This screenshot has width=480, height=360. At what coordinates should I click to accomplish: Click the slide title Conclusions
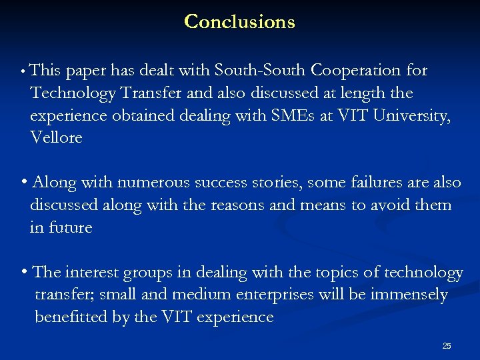tap(239, 21)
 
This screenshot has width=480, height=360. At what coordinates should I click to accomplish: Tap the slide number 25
tap(447, 345)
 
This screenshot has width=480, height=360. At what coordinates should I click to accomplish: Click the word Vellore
tap(56, 138)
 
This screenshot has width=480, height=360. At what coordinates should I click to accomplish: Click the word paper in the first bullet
tap(85, 71)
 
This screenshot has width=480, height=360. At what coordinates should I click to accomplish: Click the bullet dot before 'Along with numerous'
tap(24, 182)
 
